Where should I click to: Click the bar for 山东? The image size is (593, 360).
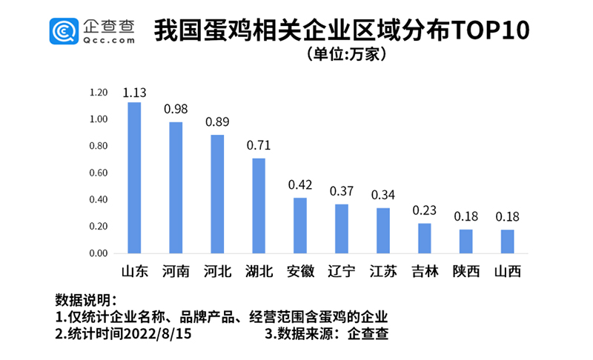(x=134, y=178)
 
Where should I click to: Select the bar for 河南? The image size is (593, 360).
(x=176, y=187)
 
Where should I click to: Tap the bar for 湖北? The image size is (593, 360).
(x=259, y=205)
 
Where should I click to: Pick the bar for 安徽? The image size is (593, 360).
(x=300, y=225)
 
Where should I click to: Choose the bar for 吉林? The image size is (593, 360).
(x=425, y=238)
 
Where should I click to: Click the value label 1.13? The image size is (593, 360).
(x=134, y=93)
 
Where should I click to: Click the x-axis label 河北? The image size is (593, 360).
(x=217, y=272)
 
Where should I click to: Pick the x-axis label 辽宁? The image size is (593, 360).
(x=342, y=272)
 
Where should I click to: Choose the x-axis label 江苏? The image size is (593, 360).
(x=383, y=272)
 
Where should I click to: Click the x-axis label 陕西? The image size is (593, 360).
(x=466, y=272)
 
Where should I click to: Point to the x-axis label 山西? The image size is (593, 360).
(x=508, y=272)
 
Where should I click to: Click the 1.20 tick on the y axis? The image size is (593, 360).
(x=99, y=93)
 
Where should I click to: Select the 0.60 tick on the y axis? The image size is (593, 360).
(x=99, y=173)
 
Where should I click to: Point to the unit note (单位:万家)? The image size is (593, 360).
(x=346, y=55)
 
